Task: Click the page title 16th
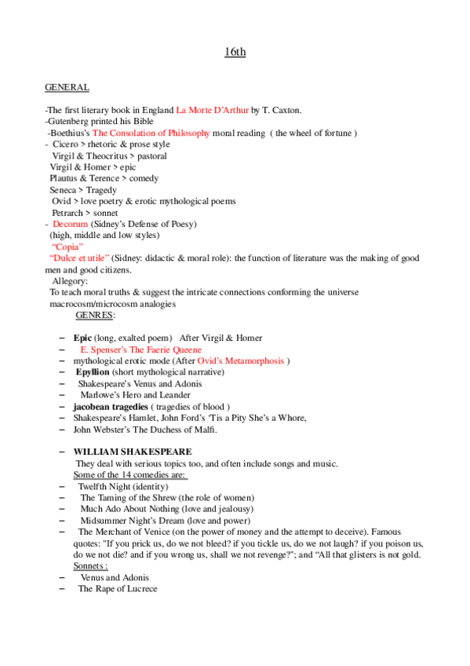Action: click(235, 53)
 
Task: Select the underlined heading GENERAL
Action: click(67, 87)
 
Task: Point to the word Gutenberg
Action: click(70, 122)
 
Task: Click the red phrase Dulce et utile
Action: click(79, 258)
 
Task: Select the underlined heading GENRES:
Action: click(95, 315)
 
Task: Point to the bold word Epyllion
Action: click(92, 371)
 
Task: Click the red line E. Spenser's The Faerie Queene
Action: click(140, 349)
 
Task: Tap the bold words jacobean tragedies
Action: click(110, 406)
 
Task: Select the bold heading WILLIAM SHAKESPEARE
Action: click(132, 452)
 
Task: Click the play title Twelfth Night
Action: click(110, 486)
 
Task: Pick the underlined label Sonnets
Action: click(90, 565)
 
